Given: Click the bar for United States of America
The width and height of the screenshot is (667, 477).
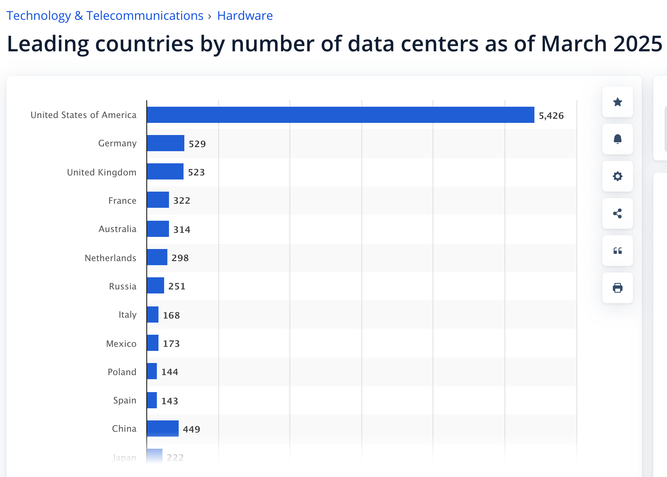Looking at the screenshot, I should pos(340,115).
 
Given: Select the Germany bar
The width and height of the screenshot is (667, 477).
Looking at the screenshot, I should pos(165,143).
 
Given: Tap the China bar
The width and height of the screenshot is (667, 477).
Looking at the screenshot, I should pos(163,428).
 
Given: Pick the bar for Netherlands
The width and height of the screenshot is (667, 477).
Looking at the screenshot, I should pos(157,257).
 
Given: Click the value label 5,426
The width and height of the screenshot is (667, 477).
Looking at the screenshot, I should pos(551,116).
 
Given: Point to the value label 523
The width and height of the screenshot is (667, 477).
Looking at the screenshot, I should pos(196,172).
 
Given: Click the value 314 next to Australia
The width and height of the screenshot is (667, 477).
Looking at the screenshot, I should pos(182,230).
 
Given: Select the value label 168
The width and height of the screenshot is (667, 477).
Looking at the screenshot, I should pos(171,315).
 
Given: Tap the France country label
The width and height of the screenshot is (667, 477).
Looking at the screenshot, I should pos(122,201).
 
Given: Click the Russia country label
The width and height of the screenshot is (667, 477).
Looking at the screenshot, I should pos(122,286).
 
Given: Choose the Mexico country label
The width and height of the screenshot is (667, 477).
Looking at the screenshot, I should pos(121,344).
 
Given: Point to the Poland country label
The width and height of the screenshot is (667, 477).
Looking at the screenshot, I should pos(122,372).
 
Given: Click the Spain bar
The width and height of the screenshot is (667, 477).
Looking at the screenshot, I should pos(152,400).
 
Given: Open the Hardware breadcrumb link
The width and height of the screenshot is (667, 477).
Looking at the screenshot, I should pos(245,16).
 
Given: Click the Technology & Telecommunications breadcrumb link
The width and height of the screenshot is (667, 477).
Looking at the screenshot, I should pos(105,16).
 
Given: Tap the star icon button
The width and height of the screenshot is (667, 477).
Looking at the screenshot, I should pos(617,102).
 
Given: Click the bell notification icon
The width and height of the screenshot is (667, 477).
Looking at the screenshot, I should pos(617,139).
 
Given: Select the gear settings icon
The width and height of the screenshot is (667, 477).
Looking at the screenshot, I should pos(617,176).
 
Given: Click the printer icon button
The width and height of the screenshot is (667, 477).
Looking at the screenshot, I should pos(617,288).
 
